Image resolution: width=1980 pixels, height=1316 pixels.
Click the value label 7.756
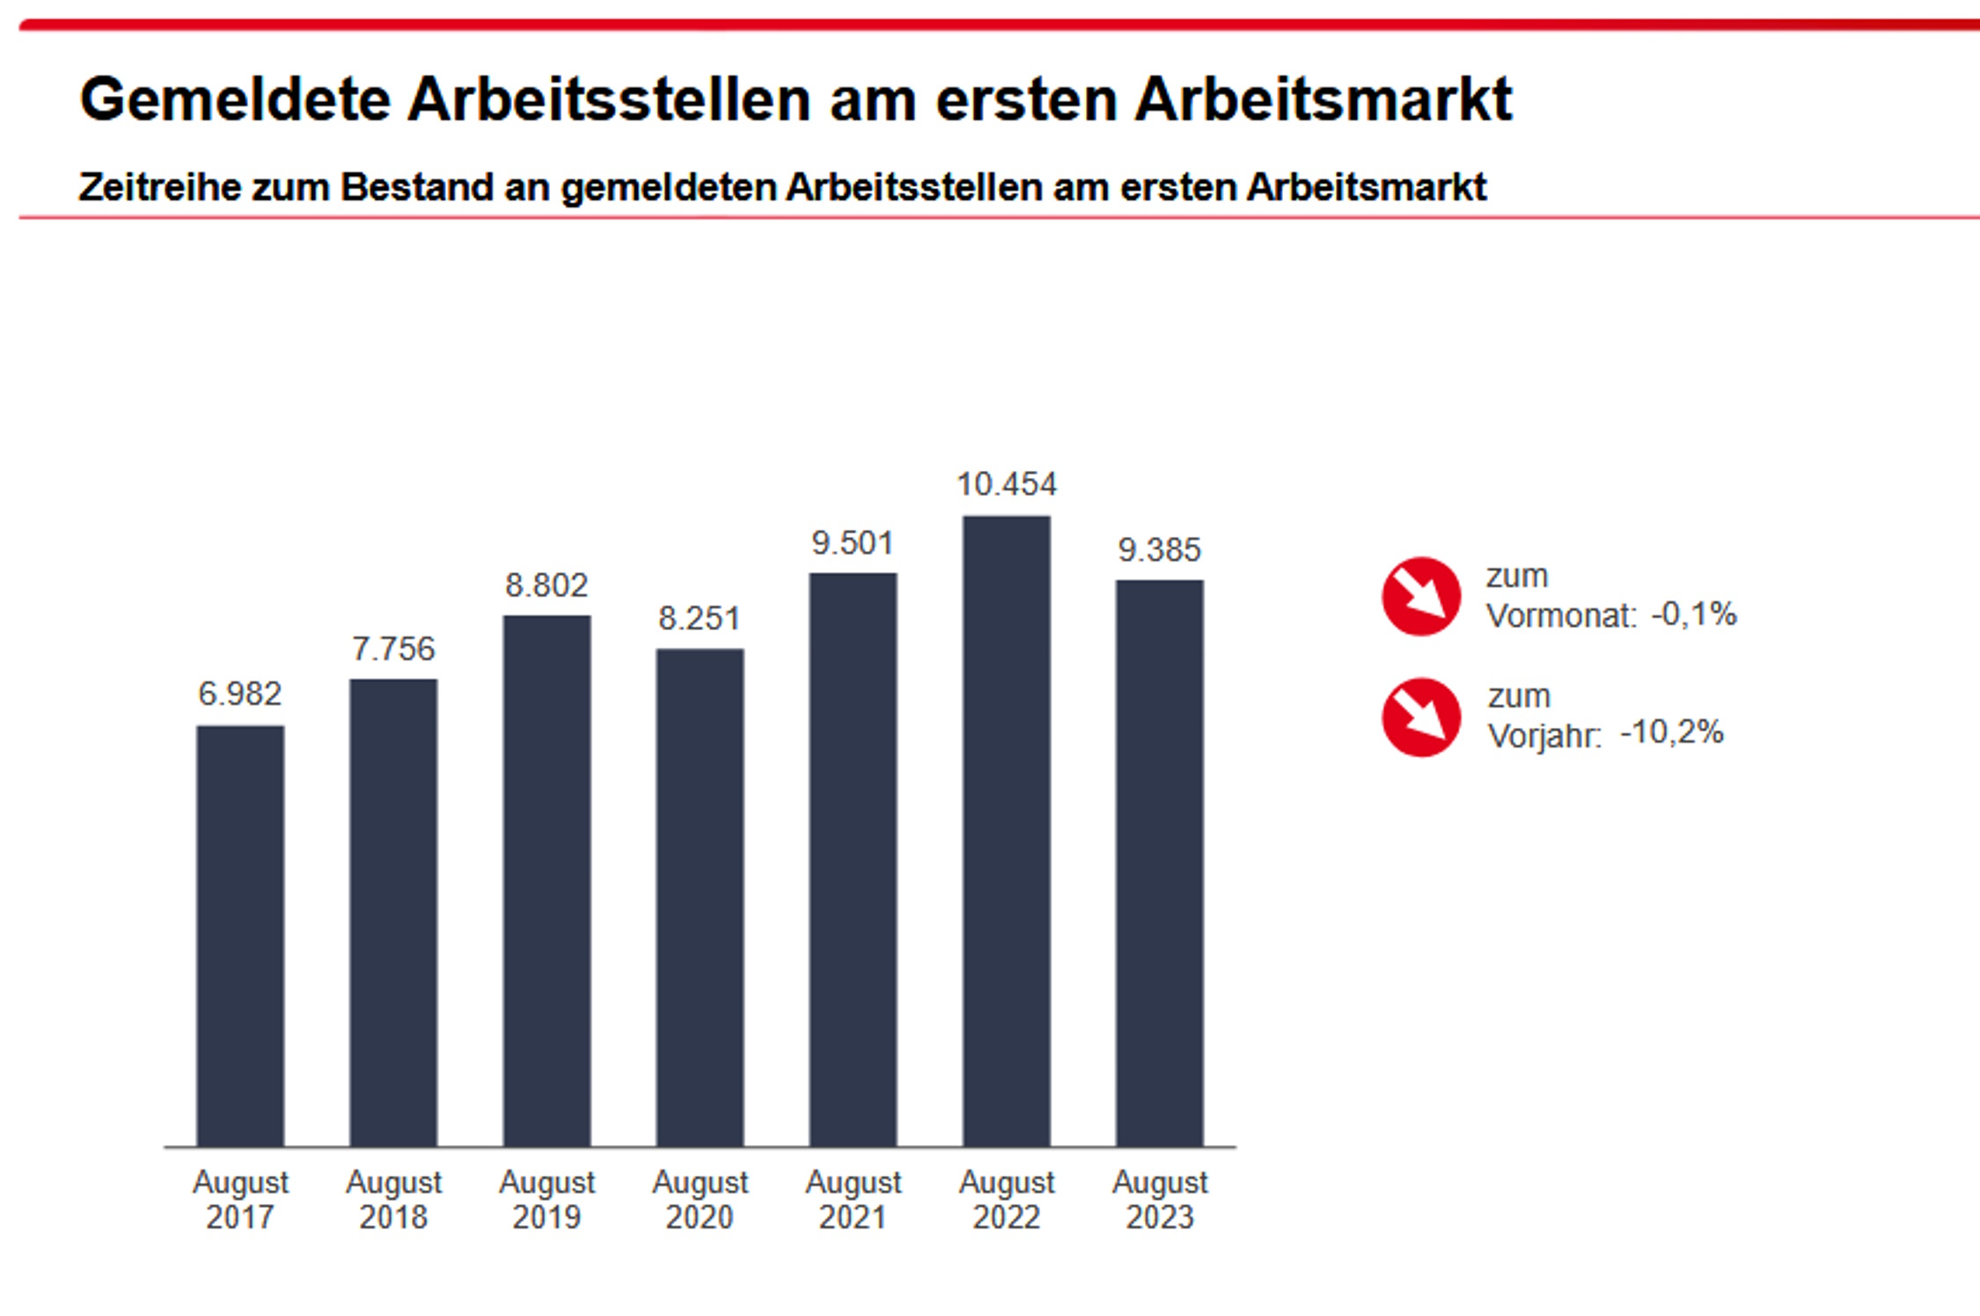(393, 649)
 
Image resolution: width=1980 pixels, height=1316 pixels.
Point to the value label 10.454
(1006, 484)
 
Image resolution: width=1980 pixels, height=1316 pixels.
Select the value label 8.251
(700, 619)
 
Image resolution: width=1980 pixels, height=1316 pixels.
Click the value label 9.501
(853, 543)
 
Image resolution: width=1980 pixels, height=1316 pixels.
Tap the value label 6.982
(240, 695)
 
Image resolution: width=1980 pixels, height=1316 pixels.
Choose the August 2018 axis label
(393, 1199)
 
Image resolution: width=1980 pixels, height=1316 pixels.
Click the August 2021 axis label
(853, 1199)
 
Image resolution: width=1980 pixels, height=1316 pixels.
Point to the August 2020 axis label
(700, 1199)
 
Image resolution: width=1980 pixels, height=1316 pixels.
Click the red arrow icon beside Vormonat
(1420, 596)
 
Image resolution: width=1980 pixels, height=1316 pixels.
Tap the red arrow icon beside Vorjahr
(1420, 717)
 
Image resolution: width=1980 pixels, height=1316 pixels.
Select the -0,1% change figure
(1694, 614)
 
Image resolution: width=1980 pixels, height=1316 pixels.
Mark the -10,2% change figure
(1672, 732)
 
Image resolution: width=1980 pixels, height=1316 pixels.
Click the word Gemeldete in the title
(235, 99)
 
